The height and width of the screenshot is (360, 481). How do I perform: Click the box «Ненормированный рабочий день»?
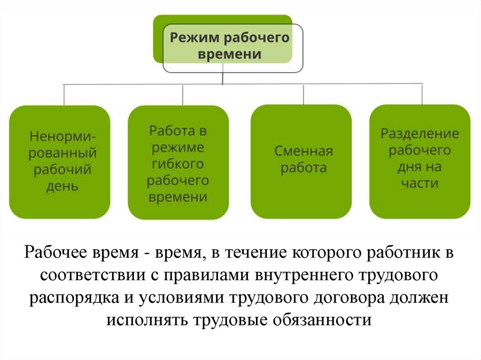point(60,161)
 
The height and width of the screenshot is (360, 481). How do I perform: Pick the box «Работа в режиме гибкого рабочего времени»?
point(178,162)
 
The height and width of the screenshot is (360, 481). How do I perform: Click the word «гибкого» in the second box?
point(178,164)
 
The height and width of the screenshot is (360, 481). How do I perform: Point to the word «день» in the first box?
point(62,186)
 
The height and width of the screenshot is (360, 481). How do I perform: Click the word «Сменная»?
point(303,152)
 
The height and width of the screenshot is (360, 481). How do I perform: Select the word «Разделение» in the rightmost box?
point(419,134)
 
